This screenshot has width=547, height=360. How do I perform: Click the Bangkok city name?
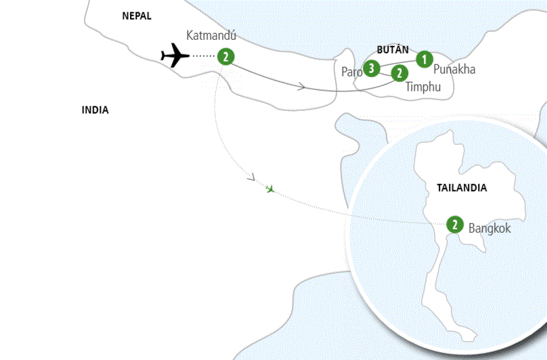[x=489, y=228]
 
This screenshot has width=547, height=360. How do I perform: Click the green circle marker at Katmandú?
[x=225, y=58]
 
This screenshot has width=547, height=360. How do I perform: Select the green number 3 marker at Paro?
[x=371, y=68]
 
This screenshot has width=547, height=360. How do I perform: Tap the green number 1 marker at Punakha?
[x=424, y=59]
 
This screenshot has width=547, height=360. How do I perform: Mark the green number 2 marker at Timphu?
[x=399, y=72]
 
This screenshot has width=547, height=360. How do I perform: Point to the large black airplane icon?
[x=175, y=56]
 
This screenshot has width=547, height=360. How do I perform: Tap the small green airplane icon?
[x=271, y=189]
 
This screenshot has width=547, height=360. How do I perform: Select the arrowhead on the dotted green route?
[x=251, y=179]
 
